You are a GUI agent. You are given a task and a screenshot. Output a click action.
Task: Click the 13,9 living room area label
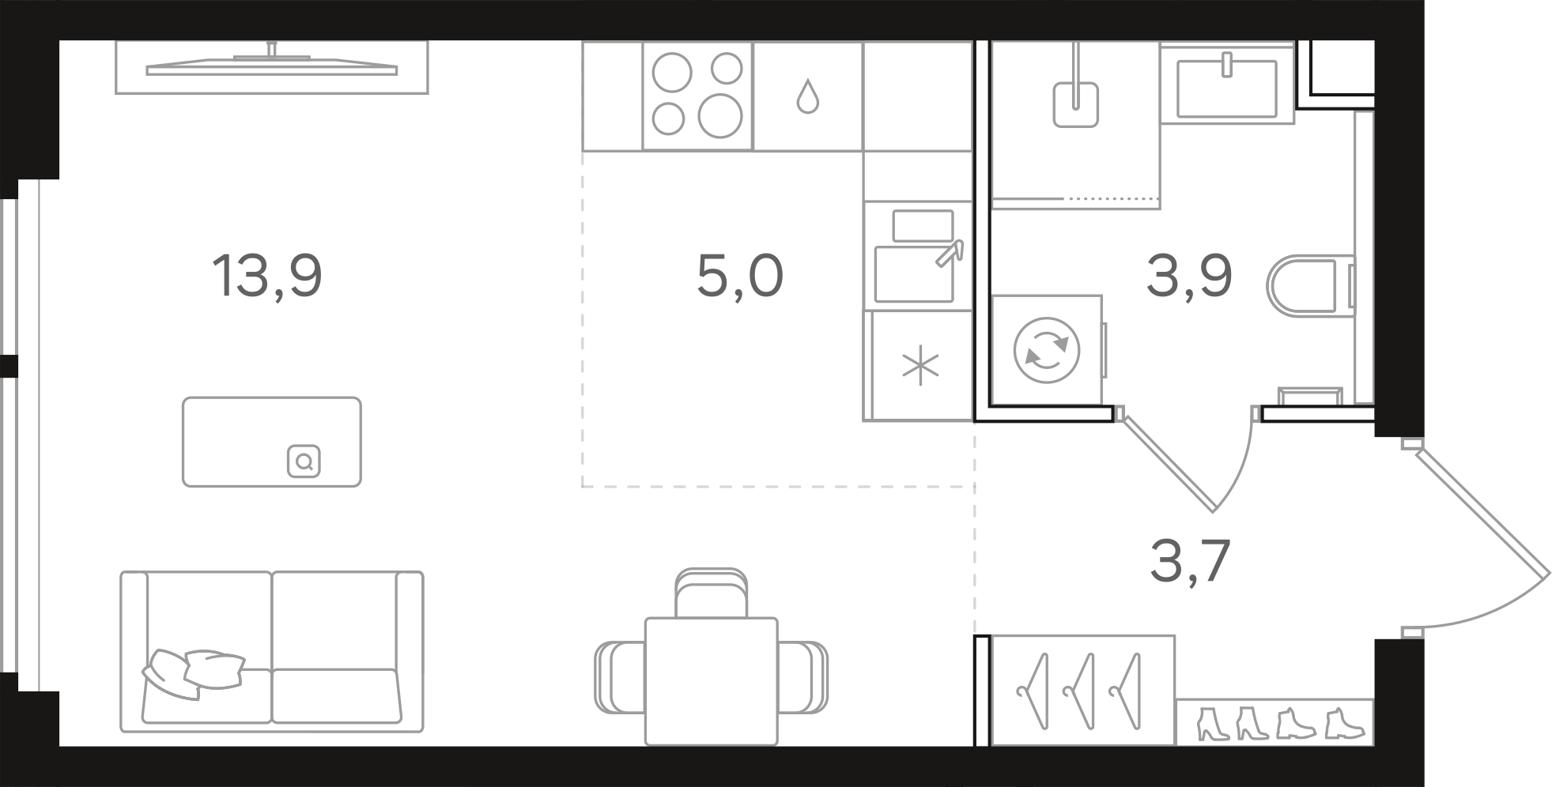[267, 277]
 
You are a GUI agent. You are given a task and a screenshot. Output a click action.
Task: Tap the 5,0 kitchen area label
[740, 277]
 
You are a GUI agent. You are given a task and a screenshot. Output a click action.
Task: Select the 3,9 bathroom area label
[1189, 277]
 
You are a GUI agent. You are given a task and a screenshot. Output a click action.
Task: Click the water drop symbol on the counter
[807, 96]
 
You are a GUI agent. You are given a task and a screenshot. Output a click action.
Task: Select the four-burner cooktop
[697, 96]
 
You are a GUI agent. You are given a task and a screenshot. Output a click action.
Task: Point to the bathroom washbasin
[1227, 84]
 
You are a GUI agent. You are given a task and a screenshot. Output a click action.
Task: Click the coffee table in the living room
[272, 442]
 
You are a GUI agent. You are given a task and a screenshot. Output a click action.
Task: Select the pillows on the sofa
[193, 672]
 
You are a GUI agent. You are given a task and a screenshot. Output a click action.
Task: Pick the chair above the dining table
[712, 592]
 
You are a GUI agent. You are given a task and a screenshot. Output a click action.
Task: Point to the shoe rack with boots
[1274, 722]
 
